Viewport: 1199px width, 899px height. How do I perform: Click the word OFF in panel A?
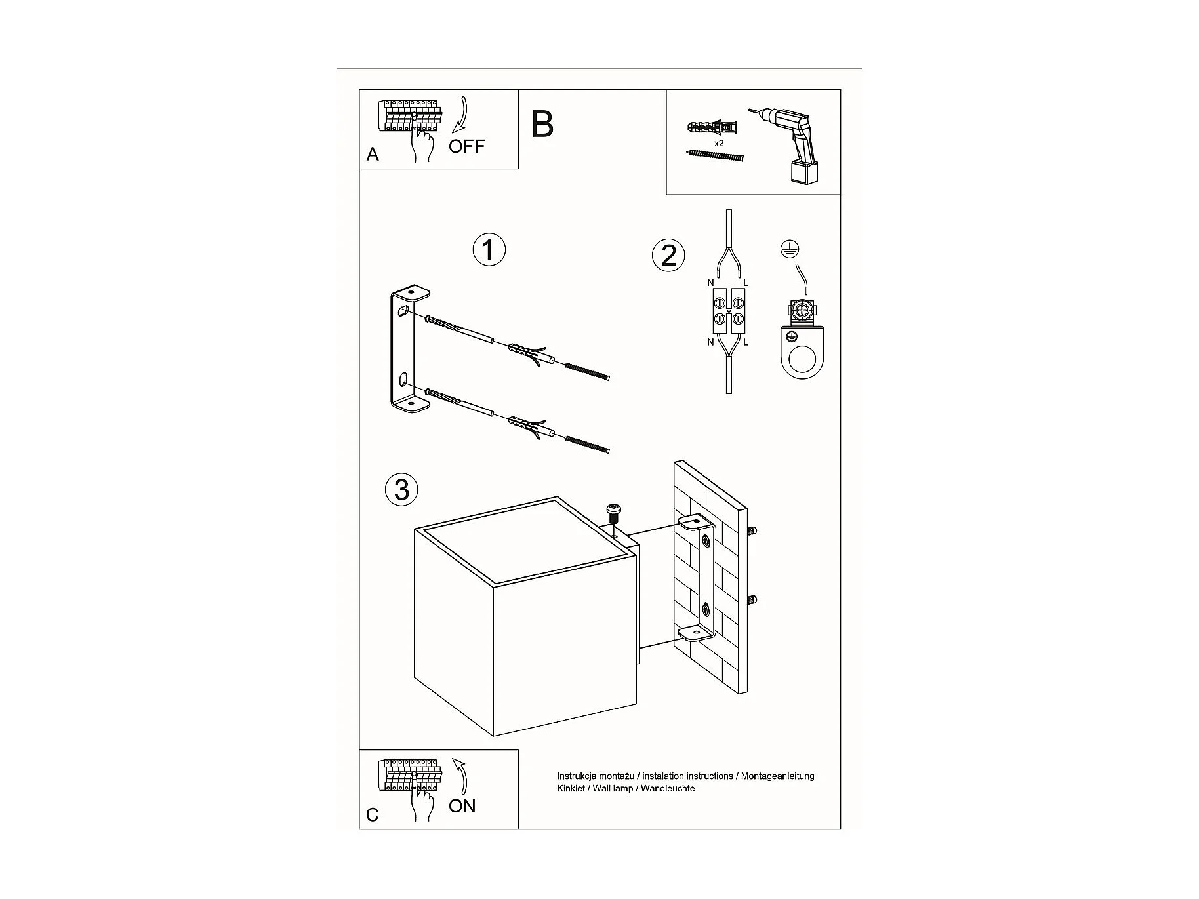pos(466,146)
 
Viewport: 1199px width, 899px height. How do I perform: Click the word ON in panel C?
pos(462,806)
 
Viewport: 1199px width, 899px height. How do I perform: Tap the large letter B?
pos(542,124)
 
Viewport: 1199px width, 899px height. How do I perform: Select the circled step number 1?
pos(489,250)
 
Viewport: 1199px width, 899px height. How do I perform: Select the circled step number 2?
pos(668,254)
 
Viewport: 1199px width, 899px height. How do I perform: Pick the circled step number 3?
pos(401,490)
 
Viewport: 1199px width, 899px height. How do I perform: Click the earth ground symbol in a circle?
pos(790,249)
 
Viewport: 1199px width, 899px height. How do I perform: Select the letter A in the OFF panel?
pos(373,154)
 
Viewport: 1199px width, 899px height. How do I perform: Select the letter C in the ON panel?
pos(373,814)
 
